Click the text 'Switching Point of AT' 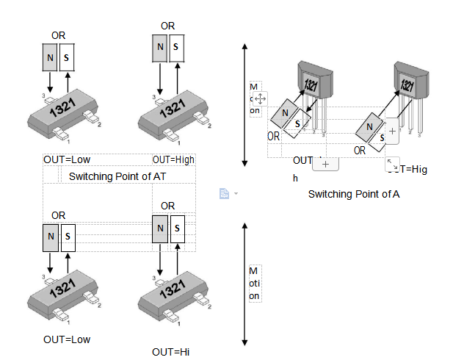pos(117,176)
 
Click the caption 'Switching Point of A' pos(353,194)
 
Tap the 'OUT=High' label pos(173,159)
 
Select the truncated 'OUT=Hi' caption pos(171,352)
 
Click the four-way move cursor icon pos(260,98)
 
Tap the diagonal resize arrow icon pos(392,165)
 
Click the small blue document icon pos(225,194)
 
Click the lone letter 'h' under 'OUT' pos(296,178)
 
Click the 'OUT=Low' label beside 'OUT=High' pos(67,159)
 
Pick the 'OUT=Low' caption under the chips pos(67,339)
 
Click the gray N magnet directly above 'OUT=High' pos(161,48)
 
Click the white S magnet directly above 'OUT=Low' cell pos(68,57)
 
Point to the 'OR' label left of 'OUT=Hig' pos(360,150)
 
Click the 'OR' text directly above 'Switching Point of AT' pos(168,206)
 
